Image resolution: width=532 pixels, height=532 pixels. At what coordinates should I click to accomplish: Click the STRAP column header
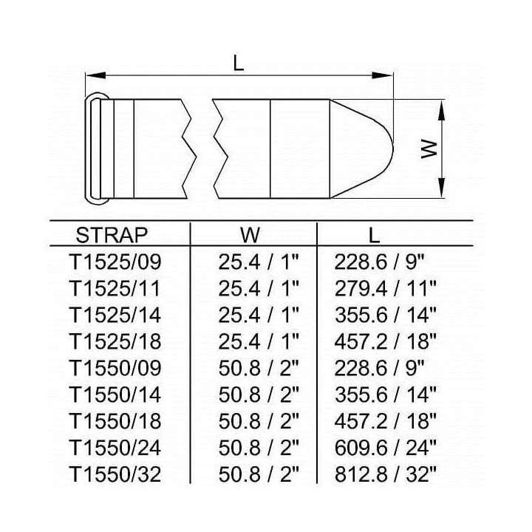pos(112,235)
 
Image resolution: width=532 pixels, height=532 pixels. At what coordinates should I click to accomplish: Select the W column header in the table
pos(250,235)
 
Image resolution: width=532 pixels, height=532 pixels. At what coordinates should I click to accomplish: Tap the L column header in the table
pos(374,235)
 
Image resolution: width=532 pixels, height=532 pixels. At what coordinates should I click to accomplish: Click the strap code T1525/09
pos(115,262)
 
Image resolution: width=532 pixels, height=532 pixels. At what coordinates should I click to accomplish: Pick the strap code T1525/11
pos(115,289)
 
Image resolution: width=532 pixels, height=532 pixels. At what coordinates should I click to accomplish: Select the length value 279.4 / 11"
pos(385,289)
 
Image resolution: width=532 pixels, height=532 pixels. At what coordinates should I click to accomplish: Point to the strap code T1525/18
pos(115,341)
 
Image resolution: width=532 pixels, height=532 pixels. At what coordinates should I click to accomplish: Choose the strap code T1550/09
pos(115,368)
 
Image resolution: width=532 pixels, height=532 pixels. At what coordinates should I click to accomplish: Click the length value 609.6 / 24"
pos(385,448)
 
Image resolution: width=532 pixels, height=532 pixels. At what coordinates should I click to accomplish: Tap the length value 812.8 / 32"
pos(385,474)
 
